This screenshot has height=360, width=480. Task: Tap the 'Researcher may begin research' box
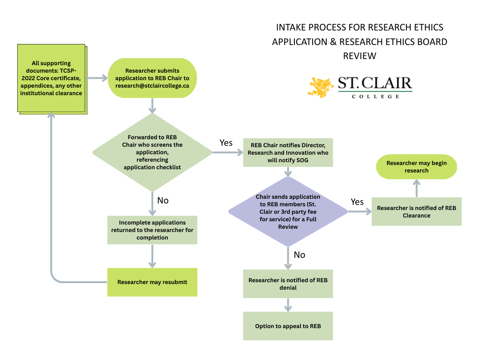pyautogui.click(x=416, y=167)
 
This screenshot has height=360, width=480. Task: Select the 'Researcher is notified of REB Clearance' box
pyautogui.click(x=416, y=211)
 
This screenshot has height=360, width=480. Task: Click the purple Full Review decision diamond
pyautogui.click(x=288, y=211)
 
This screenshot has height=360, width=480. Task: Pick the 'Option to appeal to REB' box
pyautogui.click(x=288, y=326)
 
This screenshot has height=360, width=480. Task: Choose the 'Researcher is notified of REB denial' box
pyautogui.click(x=288, y=284)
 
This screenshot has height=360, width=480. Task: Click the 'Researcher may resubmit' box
pyautogui.click(x=152, y=282)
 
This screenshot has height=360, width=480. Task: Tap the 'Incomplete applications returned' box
pyautogui.click(x=152, y=230)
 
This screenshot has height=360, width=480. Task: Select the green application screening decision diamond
pyautogui.click(x=152, y=152)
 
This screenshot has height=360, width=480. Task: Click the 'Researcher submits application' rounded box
pyautogui.click(x=152, y=78)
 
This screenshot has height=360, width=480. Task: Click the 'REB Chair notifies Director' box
pyautogui.click(x=288, y=152)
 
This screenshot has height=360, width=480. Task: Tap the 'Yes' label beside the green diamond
pyautogui.click(x=226, y=142)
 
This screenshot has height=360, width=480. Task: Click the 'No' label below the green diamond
pyautogui.click(x=163, y=200)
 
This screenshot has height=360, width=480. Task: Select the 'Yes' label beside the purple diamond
pyautogui.click(x=357, y=202)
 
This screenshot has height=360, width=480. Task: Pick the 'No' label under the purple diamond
pyautogui.click(x=299, y=255)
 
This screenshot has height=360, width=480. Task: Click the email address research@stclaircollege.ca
pyautogui.click(x=152, y=86)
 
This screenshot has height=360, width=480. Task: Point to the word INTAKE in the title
pyautogui.click(x=292, y=27)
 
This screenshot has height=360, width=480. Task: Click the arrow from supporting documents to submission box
pyautogui.click(x=97, y=78)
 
